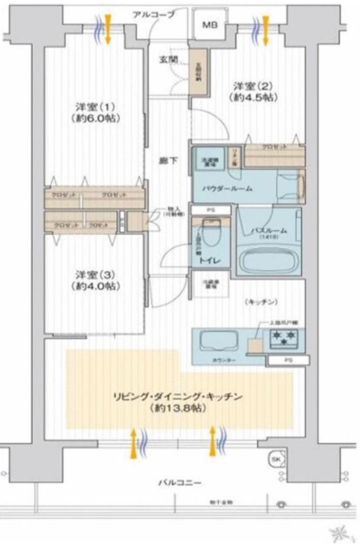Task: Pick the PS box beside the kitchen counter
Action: point(287,360)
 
